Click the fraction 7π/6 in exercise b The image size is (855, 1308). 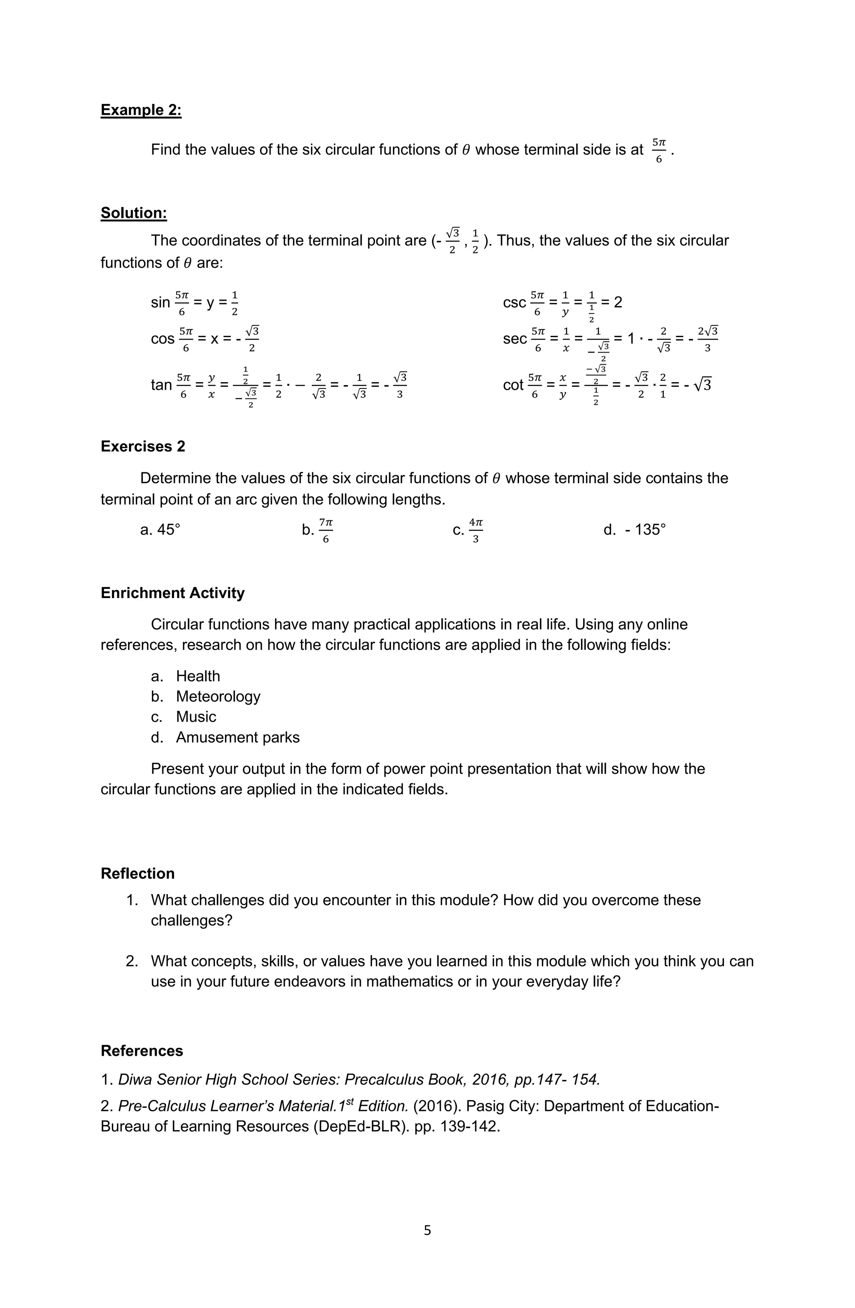(x=325, y=530)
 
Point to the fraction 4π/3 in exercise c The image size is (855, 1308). (x=476, y=530)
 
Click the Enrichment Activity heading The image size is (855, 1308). (x=172, y=593)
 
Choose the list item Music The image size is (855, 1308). (x=196, y=716)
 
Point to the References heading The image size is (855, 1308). (x=142, y=1050)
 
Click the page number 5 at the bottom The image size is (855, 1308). (x=427, y=1230)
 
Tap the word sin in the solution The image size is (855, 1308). (x=160, y=302)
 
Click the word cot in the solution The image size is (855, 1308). (x=513, y=385)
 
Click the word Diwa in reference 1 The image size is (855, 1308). (x=135, y=1080)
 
